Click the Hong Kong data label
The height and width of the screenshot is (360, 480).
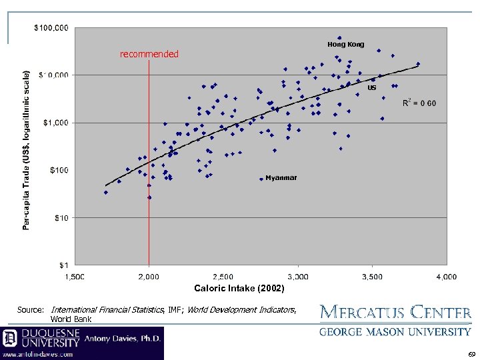click(x=345, y=45)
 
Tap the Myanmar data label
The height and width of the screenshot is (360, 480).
click(x=281, y=178)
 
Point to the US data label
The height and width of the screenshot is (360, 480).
click(x=372, y=87)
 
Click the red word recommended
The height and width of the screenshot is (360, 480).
click(x=149, y=54)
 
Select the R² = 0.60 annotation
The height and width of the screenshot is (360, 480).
click(x=419, y=103)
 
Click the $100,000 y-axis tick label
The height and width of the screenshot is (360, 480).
click(x=51, y=28)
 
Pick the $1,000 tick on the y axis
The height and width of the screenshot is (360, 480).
click(x=55, y=123)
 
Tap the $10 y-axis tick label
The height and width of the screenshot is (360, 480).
click(x=60, y=217)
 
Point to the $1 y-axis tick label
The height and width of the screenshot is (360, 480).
click(x=63, y=265)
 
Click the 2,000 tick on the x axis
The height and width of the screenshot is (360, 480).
click(x=149, y=276)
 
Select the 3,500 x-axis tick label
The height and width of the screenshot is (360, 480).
click(x=372, y=276)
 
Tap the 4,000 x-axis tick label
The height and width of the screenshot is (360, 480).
click(x=447, y=276)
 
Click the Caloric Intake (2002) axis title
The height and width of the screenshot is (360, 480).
click(x=239, y=289)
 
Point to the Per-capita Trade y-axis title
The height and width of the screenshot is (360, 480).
click(x=27, y=150)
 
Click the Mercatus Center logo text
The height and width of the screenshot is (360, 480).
click(x=396, y=312)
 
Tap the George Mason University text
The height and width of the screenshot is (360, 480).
click(x=396, y=331)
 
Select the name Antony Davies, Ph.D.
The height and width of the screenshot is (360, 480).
click(x=123, y=339)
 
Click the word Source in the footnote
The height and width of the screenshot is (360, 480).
click(x=30, y=310)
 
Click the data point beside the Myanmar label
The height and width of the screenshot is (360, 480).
click(x=261, y=179)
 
